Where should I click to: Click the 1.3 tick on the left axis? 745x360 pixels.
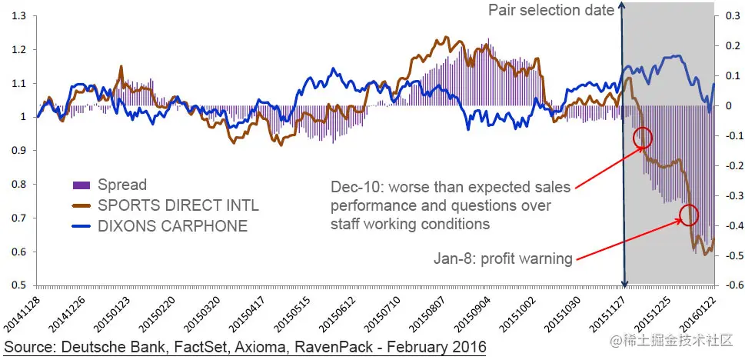pos(17,16)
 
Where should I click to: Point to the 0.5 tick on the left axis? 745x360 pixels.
pos(17,285)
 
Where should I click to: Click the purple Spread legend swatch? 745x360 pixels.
pos(81,185)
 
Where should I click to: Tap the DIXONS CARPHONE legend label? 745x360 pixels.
pos(172,225)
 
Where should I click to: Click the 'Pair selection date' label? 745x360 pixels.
pos(551,10)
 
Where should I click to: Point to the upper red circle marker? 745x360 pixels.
pos(643,138)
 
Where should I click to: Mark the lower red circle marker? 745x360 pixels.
pos(689,215)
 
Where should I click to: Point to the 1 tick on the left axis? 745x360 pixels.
pos(21,117)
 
